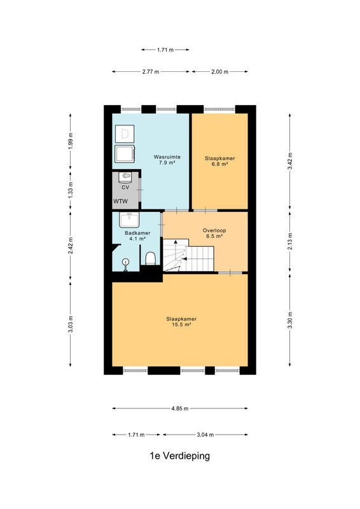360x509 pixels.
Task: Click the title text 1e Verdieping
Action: (179, 456)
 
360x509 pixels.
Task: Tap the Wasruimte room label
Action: (167, 157)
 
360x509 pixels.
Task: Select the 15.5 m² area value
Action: (181, 324)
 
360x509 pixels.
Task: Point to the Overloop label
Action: (214, 230)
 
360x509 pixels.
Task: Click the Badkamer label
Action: (137, 233)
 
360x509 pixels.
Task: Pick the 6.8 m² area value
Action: (219, 164)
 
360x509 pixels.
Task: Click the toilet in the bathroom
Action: (151, 259)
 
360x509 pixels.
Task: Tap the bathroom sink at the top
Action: (129, 220)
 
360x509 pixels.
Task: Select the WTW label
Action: (120, 201)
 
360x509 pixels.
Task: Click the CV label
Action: (125, 187)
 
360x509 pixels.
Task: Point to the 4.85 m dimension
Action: (180, 408)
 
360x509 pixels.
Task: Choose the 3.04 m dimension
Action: (205, 435)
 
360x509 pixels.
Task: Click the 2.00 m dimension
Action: (220, 72)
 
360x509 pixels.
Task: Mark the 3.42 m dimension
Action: (290, 161)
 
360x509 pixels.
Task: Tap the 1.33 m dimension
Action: (71, 190)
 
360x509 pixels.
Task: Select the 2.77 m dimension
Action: (151, 72)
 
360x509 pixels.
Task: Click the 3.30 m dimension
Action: (290, 320)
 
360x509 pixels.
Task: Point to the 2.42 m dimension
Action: (71, 246)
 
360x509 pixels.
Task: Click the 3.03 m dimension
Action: (71, 324)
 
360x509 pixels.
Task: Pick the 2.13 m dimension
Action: (290, 242)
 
